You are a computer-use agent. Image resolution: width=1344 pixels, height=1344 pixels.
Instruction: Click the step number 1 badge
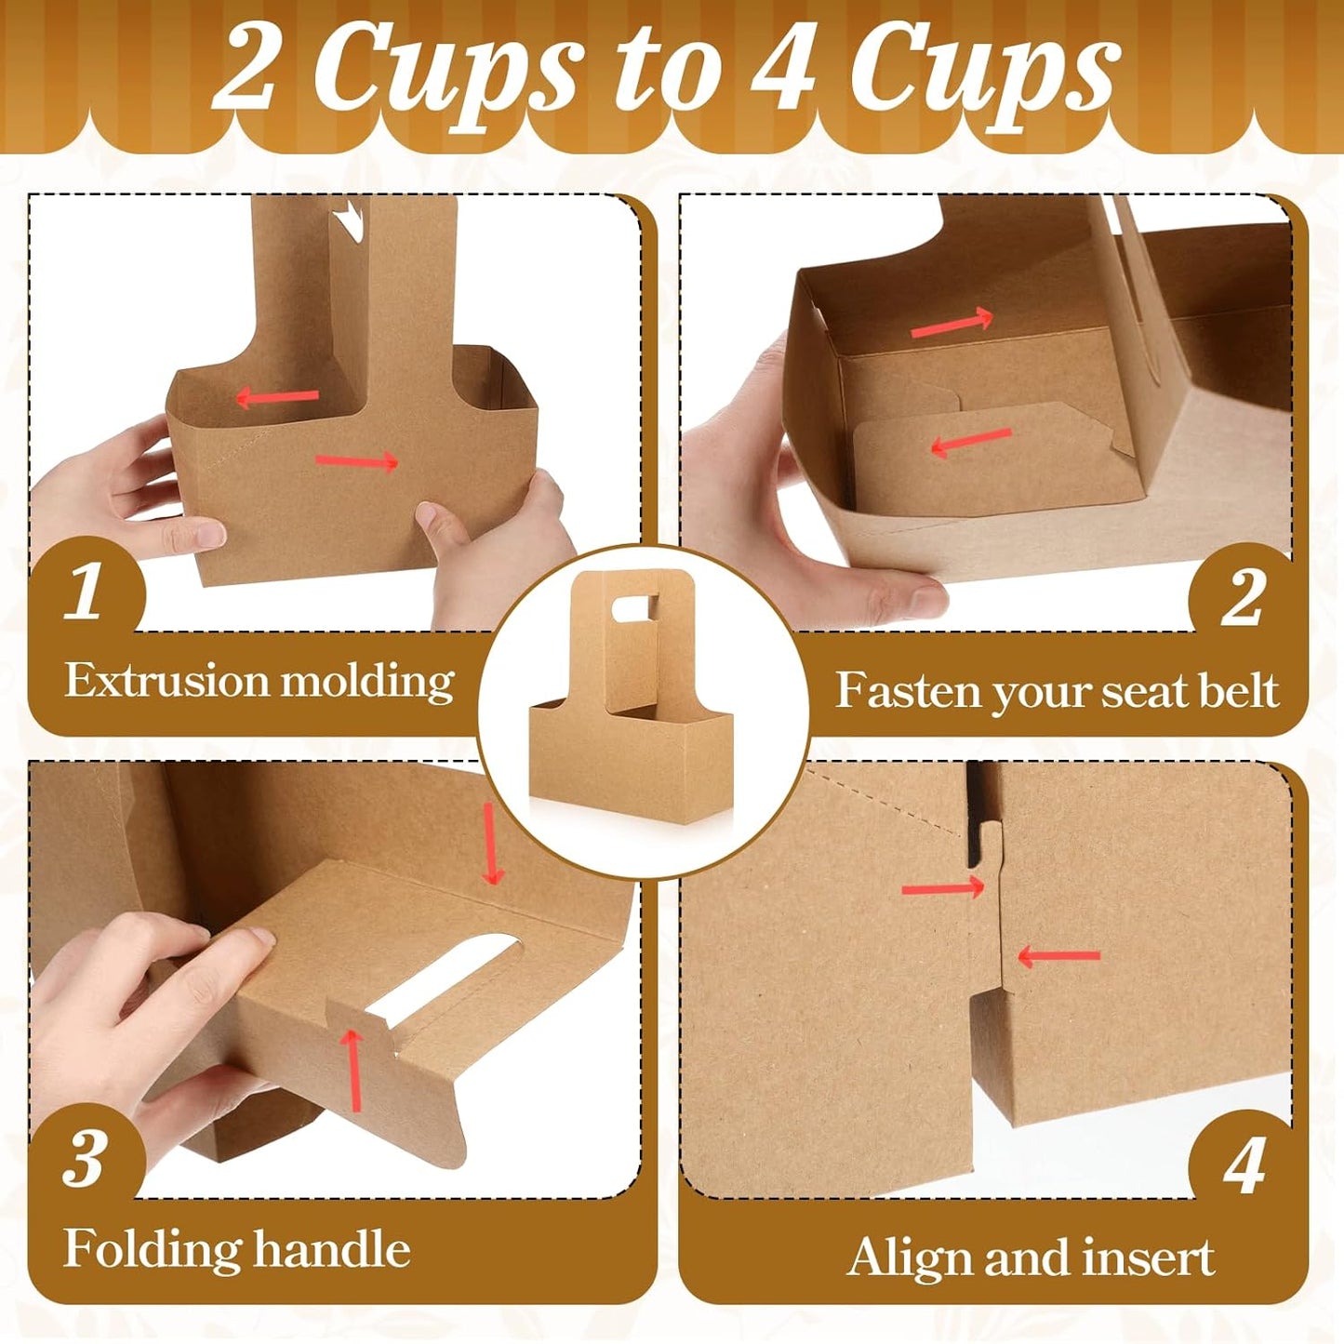point(85,592)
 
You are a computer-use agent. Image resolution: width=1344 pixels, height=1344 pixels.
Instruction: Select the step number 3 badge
point(85,1159)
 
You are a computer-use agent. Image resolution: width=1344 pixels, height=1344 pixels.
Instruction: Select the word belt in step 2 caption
point(1236,691)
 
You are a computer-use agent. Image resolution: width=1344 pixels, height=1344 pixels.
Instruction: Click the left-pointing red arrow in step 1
point(277,398)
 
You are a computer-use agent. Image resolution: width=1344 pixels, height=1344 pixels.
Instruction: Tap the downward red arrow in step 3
point(491,845)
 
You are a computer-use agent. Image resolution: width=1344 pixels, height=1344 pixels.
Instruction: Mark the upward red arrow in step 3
point(353,1070)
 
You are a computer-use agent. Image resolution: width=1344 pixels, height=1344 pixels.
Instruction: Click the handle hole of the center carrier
point(636,608)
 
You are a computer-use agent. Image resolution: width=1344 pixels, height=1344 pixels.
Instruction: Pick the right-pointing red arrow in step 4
point(943,888)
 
